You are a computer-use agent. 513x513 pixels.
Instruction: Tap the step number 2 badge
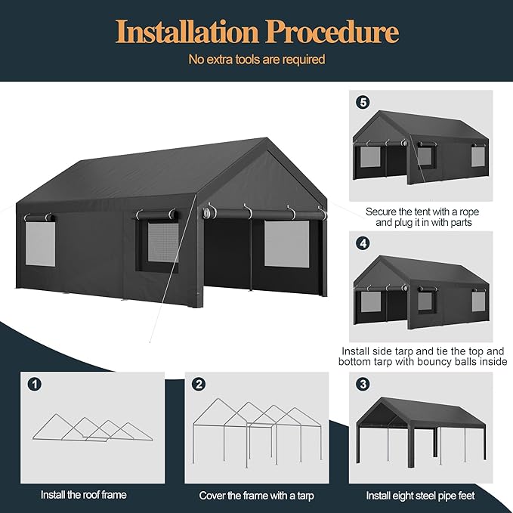click(x=199, y=384)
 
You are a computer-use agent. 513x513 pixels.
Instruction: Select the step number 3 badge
click(x=363, y=384)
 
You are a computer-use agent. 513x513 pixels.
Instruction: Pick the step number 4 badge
click(x=363, y=244)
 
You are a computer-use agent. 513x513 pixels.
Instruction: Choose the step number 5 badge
click(x=363, y=100)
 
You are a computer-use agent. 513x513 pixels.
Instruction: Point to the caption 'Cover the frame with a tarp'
click(x=256, y=496)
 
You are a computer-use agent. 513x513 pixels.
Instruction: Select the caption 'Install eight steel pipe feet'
click(x=422, y=496)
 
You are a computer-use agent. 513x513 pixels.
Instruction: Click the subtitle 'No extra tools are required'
click(x=257, y=59)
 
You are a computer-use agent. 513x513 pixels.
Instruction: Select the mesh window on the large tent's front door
click(x=285, y=243)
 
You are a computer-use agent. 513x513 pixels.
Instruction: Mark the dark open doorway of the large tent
click(x=227, y=257)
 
